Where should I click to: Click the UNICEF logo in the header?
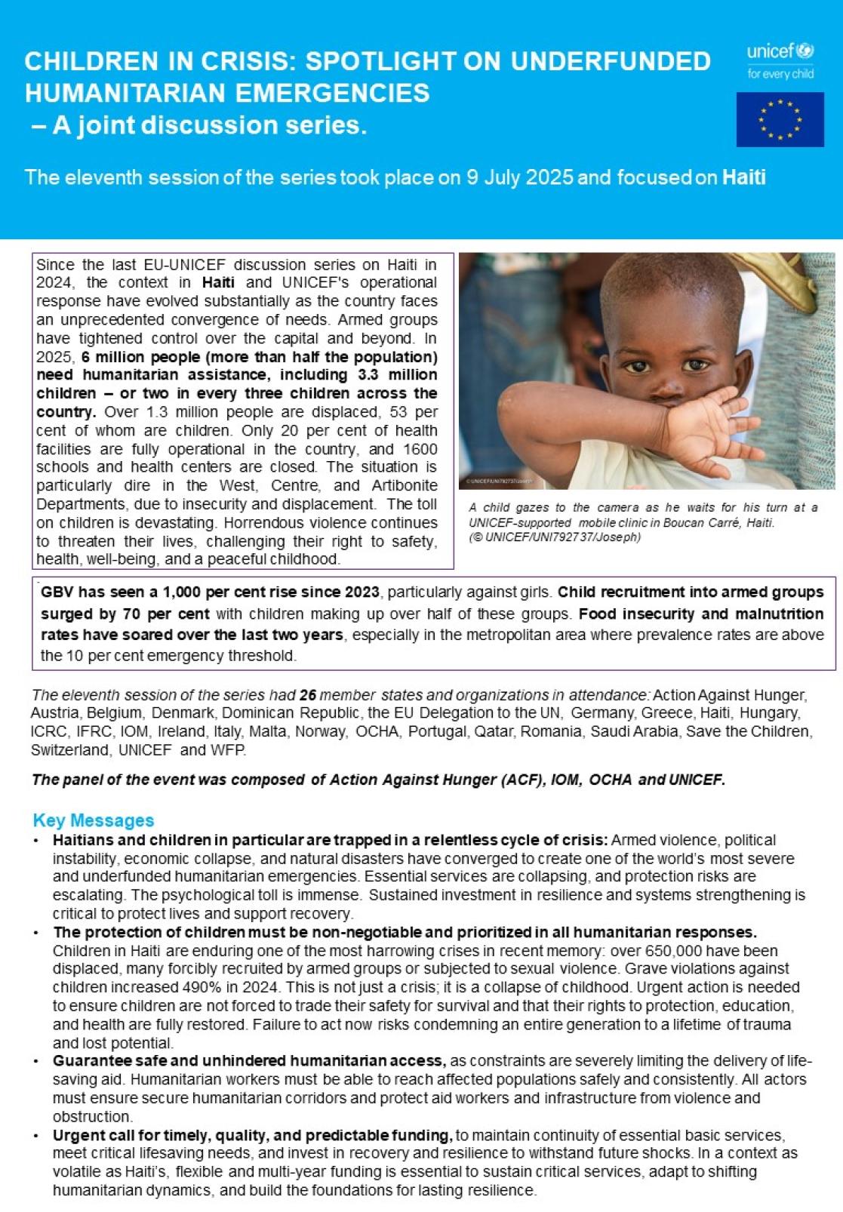coord(780,60)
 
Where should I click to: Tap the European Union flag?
coord(780,119)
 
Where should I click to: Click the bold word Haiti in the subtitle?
coord(743,177)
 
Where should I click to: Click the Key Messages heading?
coord(94,820)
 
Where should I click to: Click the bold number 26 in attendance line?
coord(307,694)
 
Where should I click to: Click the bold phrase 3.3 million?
coord(398,375)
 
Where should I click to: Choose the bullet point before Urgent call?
coord(36,1136)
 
